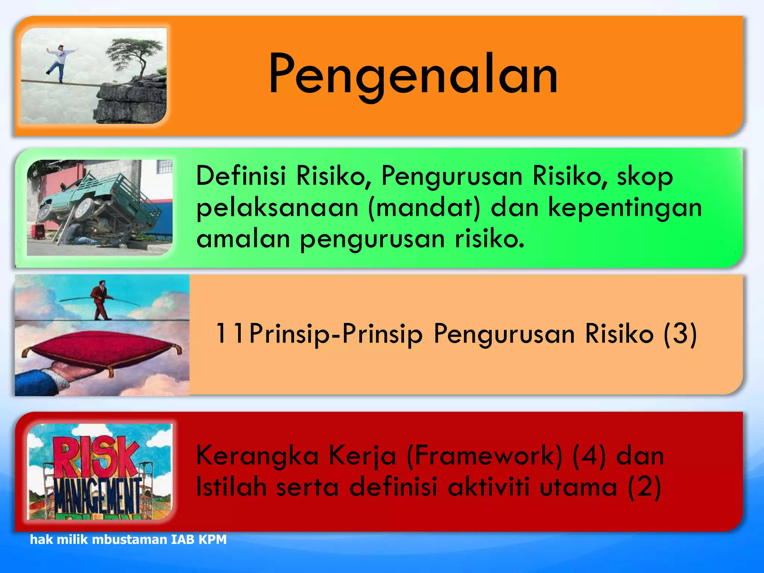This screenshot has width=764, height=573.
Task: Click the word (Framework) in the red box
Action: tap(485, 456)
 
